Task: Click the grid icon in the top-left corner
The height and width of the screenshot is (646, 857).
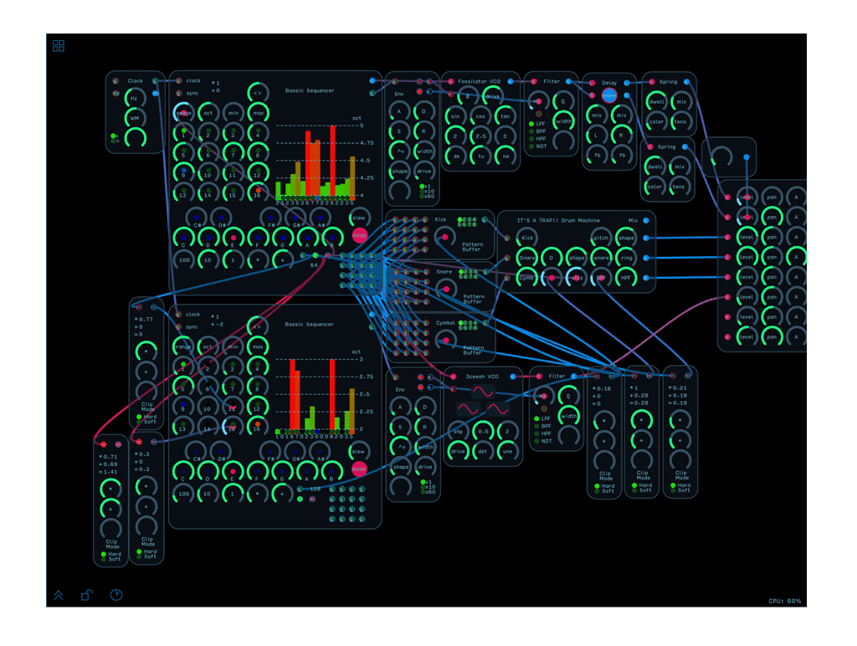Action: point(59,46)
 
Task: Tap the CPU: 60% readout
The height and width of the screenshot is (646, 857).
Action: point(784,601)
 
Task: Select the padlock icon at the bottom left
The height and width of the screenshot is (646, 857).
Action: point(86,595)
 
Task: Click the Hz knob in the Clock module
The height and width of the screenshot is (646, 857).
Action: point(134,99)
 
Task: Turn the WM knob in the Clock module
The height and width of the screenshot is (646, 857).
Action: point(134,119)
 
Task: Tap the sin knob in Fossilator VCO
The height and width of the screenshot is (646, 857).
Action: point(455,116)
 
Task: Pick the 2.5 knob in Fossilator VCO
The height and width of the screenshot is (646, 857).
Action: point(480,136)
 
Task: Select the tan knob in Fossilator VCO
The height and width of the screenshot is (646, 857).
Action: point(505,116)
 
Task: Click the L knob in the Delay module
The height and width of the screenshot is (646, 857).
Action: point(597,135)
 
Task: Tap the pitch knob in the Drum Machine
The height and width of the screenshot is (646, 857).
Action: point(601,238)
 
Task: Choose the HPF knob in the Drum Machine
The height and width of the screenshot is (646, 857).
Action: point(626,278)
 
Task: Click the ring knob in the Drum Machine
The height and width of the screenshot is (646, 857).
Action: point(626,258)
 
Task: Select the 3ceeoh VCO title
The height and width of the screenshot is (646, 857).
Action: point(482,377)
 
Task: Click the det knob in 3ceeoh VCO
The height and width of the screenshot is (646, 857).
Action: point(482,452)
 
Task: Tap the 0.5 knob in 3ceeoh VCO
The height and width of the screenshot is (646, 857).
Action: point(482,432)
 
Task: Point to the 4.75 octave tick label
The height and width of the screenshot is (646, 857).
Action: point(367,143)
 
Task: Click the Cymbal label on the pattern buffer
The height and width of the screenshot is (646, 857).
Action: point(445,322)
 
